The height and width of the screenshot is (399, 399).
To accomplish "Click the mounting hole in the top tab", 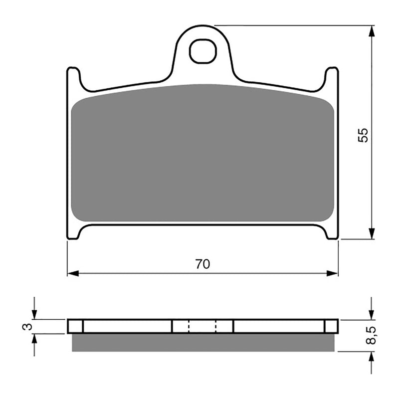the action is pyautogui.click(x=202, y=52).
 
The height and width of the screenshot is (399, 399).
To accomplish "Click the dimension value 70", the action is pyautogui.click(x=202, y=265).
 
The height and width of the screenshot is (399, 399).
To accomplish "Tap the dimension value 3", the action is pyautogui.click(x=28, y=327).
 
